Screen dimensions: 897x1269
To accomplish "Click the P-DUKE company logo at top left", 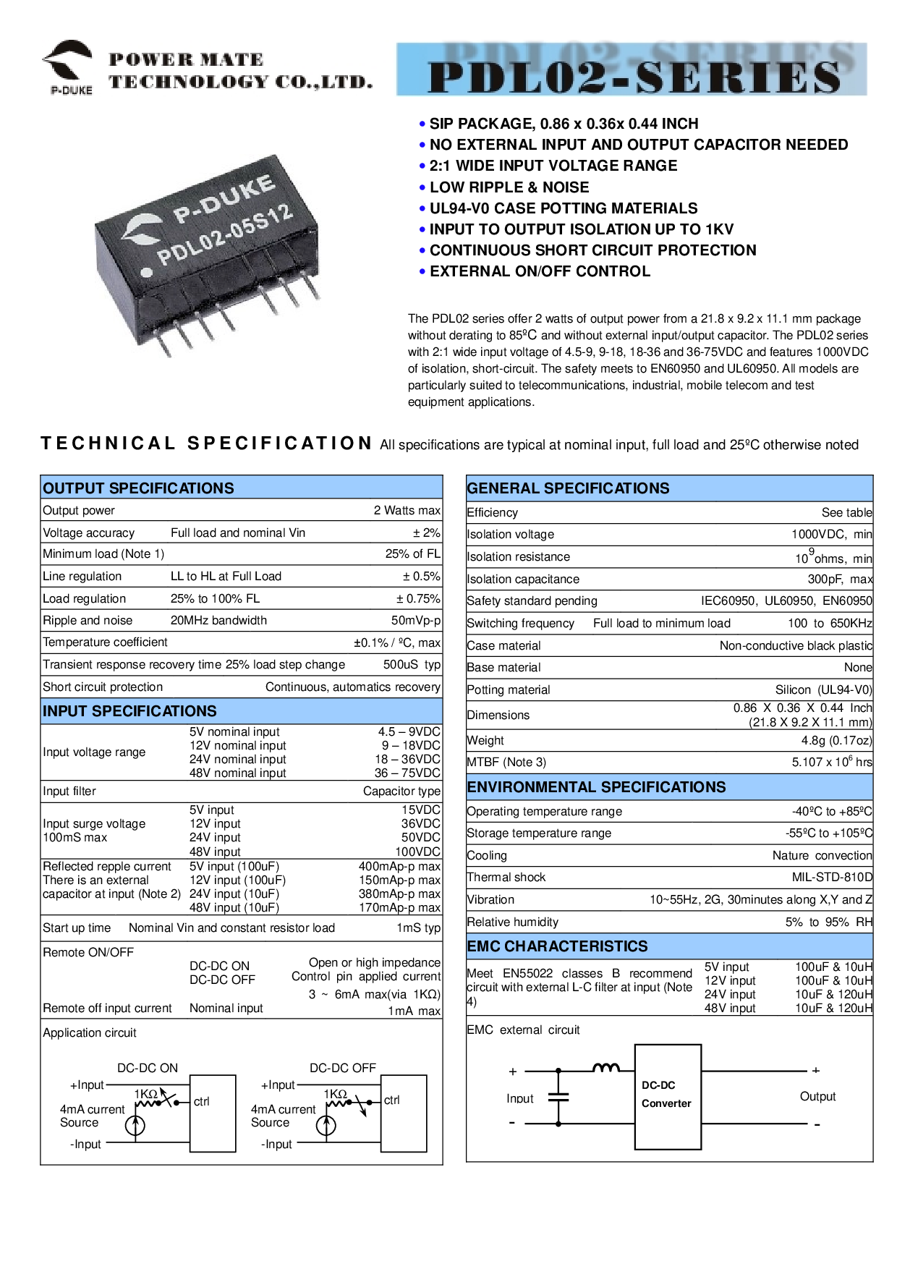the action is (x=68, y=67).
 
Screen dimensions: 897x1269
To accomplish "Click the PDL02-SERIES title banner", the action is (x=632, y=69).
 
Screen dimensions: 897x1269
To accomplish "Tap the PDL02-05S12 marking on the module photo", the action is (x=225, y=234).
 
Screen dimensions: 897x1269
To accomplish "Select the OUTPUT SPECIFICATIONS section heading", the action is (x=138, y=488).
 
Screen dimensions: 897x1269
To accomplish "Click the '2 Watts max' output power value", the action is (x=407, y=510).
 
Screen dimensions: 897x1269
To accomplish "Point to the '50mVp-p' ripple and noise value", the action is (x=415, y=621).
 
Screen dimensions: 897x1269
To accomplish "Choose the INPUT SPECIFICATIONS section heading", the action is (x=129, y=711).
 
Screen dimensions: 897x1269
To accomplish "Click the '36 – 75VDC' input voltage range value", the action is (x=407, y=773).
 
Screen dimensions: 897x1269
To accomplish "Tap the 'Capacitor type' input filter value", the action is (x=401, y=791).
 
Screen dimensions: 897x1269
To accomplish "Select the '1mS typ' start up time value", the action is (x=418, y=928).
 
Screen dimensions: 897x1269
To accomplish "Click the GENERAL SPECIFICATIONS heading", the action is (x=568, y=488).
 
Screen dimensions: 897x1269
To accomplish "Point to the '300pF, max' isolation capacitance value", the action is (x=840, y=580).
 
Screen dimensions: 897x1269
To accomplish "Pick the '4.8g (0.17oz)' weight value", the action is (x=836, y=741).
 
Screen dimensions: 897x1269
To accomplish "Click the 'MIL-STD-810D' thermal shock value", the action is (x=832, y=878).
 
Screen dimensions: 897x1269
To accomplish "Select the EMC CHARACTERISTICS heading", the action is (x=557, y=946).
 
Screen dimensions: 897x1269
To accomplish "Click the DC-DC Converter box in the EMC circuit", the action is (x=668, y=1097).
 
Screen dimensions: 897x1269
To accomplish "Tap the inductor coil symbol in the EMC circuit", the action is (x=606, y=1067).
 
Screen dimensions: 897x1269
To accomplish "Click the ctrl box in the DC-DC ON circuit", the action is (x=213, y=1113).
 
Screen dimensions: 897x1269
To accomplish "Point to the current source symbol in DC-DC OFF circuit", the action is (x=326, y=1126).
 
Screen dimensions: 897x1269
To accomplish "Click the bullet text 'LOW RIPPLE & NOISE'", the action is (x=509, y=187).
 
